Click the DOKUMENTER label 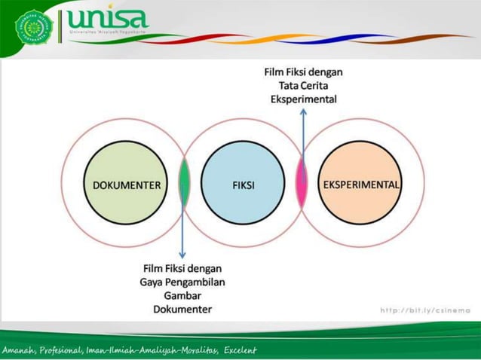tap(127, 185)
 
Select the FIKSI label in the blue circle tap(243, 185)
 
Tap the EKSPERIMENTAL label tap(362, 185)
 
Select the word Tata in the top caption tap(291, 86)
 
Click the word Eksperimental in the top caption tap(303, 99)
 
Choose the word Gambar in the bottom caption tap(182, 295)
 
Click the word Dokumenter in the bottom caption tap(182, 309)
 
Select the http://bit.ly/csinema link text tap(425, 310)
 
